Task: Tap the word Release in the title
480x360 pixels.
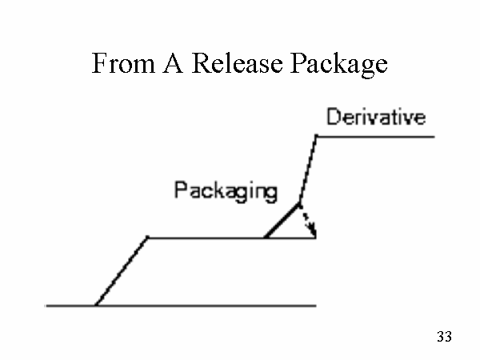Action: coord(235,64)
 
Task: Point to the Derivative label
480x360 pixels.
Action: coord(375,118)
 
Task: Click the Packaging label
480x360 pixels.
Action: coord(226,191)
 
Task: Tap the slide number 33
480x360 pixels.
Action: coord(445,337)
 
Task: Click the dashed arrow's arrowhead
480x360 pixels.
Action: coord(314,234)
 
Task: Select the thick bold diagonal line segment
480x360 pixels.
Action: coord(282,221)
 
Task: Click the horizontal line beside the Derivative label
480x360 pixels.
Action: coord(376,137)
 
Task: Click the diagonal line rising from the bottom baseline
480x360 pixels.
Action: coord(122,271)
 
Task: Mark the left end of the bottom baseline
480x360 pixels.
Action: coord(47,305)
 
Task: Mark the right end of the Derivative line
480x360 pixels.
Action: coord(434,137)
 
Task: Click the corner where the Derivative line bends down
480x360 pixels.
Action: coord(317,137)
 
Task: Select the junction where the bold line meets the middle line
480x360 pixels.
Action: coord(266,238)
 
